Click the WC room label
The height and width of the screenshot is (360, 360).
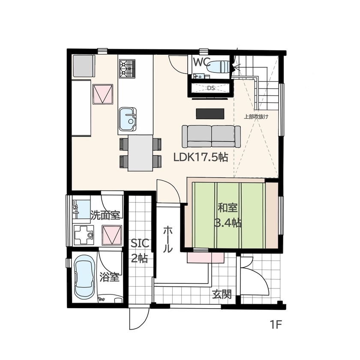coord(201,62)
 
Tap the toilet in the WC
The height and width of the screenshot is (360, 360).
coord(219,67)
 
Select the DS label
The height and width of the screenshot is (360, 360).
coord(210,88)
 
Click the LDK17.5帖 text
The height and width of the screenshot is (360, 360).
coord(201,157)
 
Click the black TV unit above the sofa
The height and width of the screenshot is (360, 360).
coord(210,114)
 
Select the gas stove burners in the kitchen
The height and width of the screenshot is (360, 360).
coord(127,69)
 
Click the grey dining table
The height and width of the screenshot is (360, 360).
coord(141,153)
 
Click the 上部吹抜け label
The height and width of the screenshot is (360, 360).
coord(256,117)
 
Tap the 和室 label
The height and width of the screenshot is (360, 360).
coord(228,208)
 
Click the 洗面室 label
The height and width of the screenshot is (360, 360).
coord(105,215)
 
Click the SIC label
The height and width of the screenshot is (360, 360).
coord(140,244)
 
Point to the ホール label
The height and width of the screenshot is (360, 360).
coord(168,240)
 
